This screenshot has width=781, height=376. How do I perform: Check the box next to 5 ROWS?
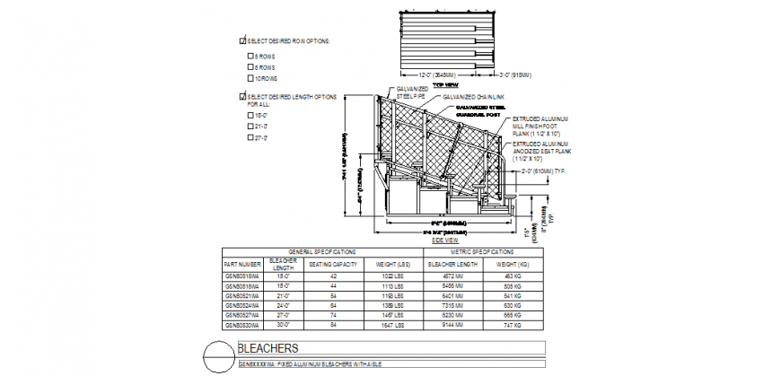[x=250, y=57]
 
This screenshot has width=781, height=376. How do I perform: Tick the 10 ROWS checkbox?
[x=250, y=78]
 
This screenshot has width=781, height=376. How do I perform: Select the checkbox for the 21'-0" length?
[x=250, y=127]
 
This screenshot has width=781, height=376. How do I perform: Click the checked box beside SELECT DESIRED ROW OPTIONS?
[x=242, y=41]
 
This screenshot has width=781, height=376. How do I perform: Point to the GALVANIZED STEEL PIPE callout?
[x=412, y=92]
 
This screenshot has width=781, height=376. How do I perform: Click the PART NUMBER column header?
[x=241, y=264]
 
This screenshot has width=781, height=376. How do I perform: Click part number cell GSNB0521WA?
[x=241, y=295]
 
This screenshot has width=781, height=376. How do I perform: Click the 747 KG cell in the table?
[x=513, y=326]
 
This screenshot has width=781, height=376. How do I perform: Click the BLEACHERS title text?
[x=268, y=348]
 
